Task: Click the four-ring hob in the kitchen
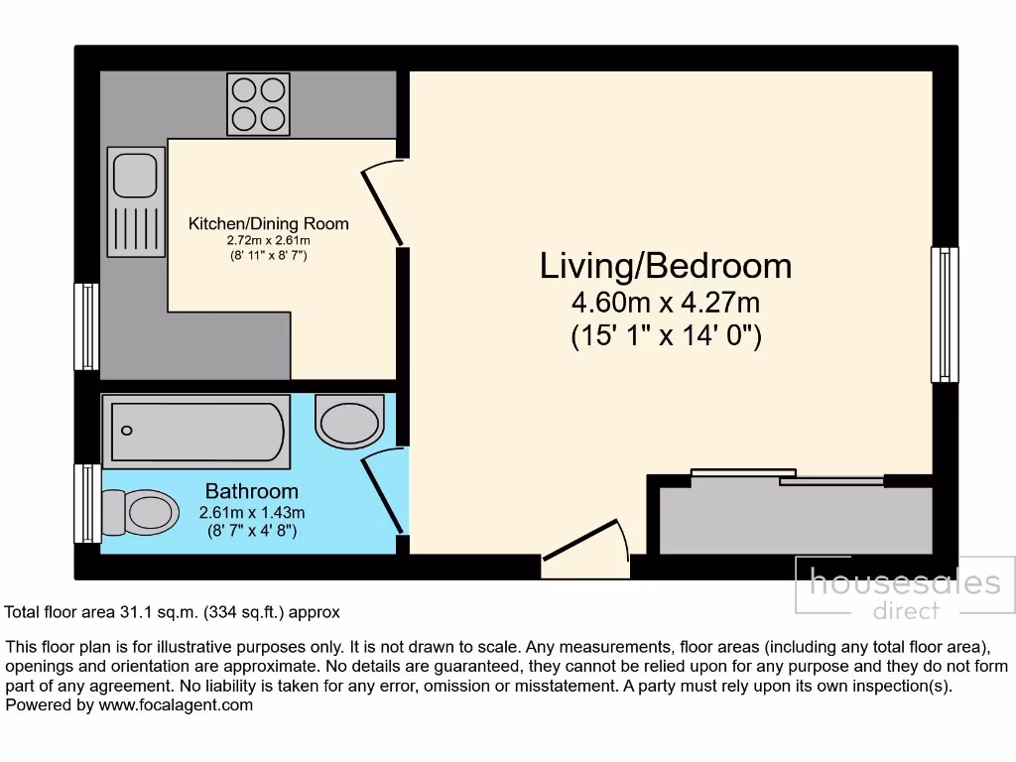(257, 104)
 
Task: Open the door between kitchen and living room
(384, 205)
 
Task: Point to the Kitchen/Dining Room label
(269, 224)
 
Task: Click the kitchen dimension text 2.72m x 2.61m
(269, 240)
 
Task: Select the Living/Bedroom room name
(666, 266)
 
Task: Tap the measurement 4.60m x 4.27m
(666, 302)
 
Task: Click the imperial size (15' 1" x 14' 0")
(666, 335)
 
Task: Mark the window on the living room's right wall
(945, 315)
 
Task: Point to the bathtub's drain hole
(126, 431)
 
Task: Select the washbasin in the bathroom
(349, 422)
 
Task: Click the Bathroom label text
(251, 491)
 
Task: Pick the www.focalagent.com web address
(176, 705)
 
